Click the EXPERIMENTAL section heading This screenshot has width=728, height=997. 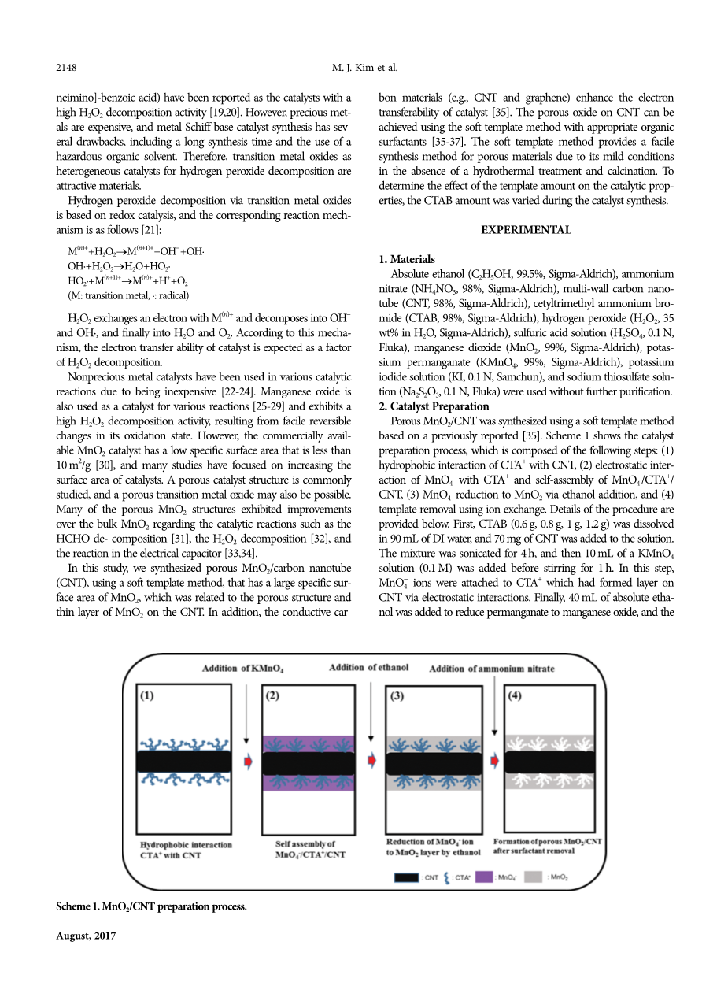pyautogui.click(x=527, y=230)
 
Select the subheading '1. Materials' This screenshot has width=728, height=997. pyautogui.click(x=406, y=259)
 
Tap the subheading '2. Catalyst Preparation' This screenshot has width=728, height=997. pyautogui.click(x=434, y=406)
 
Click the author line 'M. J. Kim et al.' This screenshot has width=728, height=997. pyautogui.click(x=364, y=69)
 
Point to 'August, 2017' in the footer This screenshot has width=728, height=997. pyautogui.click(x=87, y=936)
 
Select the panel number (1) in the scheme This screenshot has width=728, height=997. pyautogui.click(x=147, y=696)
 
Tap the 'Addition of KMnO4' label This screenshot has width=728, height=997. pyautogui.click(x=242, y=669)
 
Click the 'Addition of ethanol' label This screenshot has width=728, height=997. pyautogui.click(x=368, y=668)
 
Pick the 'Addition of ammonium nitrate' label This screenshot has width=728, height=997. pyautogui.click(x=491, y=669)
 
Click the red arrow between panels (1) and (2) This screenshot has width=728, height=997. pyautogui.click(x=249, y=762)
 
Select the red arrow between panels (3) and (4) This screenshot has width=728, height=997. pyautogui.click(x=494, y=762)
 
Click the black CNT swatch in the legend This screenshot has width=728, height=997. pyautogui.click(x=406, y=877)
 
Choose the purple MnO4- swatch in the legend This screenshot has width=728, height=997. pyautogui.click(x=484, y=877)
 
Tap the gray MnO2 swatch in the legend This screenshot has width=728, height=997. pyautogui.click(x=533, y=877)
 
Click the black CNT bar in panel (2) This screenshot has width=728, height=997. pyautogui.click(x=308, y=763)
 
